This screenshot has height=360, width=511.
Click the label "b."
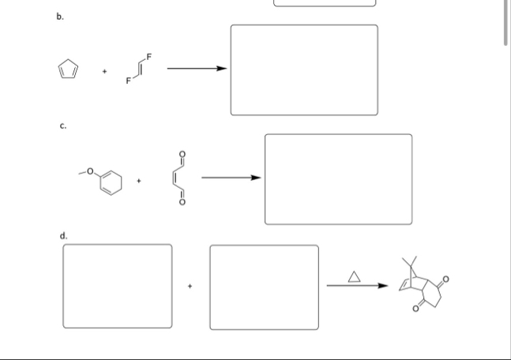(58, 14)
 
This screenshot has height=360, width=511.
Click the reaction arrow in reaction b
(197, 68)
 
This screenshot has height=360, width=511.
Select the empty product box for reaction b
(304, 70)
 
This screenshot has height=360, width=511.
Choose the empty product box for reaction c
(338, 179)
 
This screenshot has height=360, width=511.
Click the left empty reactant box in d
(117, 286)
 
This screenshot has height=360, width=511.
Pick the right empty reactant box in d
(264, 287)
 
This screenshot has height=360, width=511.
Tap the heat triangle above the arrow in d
(354, 276)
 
